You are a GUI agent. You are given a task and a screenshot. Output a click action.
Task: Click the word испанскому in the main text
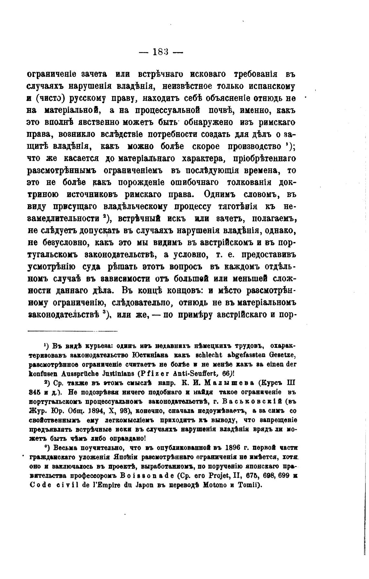tap(270, 86)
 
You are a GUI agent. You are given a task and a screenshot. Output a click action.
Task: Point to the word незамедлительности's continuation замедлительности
tap(63, 218)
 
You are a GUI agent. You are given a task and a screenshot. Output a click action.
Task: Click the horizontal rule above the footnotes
tap(73, 331)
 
